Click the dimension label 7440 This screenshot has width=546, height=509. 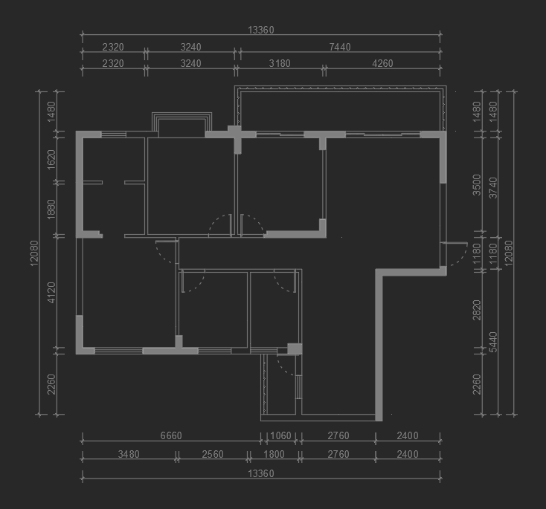pos(340,47)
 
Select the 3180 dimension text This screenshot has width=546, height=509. pos(280,64)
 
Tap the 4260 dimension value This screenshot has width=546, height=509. pos(382,64)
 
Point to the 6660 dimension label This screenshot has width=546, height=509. pos(171,435)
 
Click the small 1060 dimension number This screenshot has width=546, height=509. pos(280,435)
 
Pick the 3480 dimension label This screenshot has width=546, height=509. pos(129,454)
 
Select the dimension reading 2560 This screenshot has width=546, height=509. pos(213,454)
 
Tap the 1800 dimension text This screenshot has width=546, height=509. pos(274,454)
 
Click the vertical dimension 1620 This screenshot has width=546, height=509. pos(51,160)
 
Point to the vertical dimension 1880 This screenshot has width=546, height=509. pos(51,209)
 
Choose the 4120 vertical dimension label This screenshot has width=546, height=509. pos(51,293)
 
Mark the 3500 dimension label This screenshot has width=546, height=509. pos(476,185)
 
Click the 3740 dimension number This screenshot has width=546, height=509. pos(493,188)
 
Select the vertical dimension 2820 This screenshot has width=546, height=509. pos(476,310)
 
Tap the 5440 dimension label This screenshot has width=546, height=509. pos(493,342)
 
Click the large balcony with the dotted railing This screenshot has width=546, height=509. pos(340,108)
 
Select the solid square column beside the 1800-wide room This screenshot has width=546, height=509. pos(295,348)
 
